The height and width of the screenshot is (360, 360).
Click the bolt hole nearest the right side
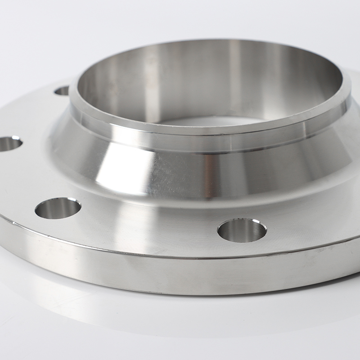point(242,230)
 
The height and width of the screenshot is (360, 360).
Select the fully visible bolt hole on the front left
point(58,208)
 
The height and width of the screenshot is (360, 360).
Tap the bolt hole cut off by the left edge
point(9,144)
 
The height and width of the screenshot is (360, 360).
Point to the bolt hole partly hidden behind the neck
point(62,90)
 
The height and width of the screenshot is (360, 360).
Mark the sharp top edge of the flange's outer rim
point(135,253)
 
